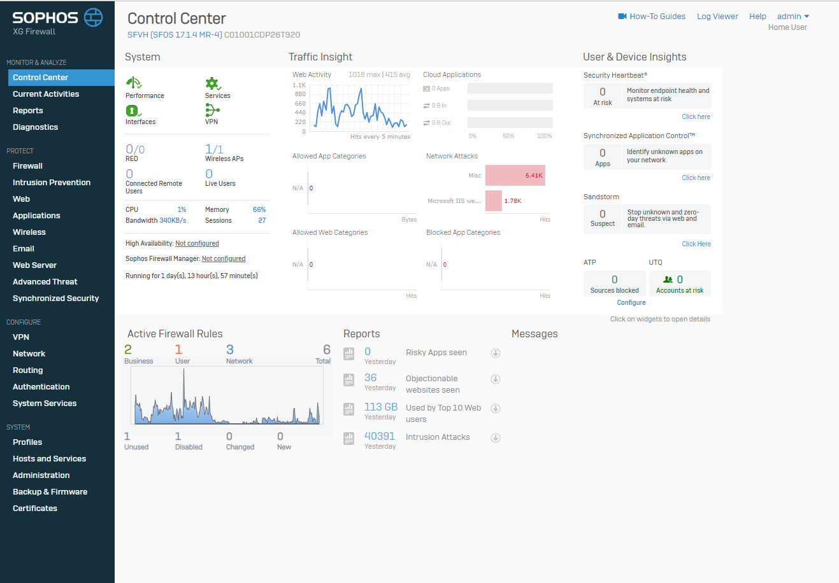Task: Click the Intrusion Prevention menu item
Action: click(x=52, y=183)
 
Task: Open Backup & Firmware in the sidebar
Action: click(x=50, y=492)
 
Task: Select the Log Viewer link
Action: click(x=717, y=17)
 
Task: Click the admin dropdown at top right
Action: click(x=792, y=17)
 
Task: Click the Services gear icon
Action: click(x=212, y=84)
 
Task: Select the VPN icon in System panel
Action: click(x=212, y=111)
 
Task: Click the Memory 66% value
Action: click(x=259, y=209)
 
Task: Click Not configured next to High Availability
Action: click(x=197, y=244)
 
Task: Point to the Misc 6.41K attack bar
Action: click(x=515, y=175)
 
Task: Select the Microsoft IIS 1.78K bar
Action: click(x=494, y=200)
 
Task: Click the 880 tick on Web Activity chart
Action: click(x=300, y=94)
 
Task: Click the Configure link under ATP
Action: click(x=631, y=303)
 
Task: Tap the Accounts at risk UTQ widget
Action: click(x=680, y=284)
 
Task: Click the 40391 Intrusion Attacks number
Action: click(x=380, y=437)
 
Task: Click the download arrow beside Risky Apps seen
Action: click(x=495, y=353)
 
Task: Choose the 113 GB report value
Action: click(x=381, y=407)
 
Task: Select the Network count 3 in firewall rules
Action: click(x=230, y=349)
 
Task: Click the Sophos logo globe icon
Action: click(x=94, y=17)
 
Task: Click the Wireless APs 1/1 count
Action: click(x=214, y=150)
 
